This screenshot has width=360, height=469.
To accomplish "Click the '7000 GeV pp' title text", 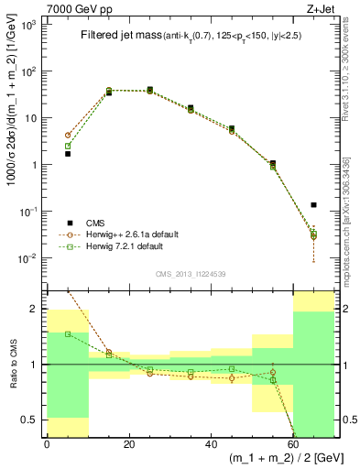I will point(75,8).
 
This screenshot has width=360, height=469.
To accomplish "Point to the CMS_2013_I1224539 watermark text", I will point(191,273).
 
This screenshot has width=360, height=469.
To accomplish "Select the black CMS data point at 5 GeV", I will point(68,154).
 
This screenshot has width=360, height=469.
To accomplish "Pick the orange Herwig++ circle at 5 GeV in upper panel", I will point(68,135).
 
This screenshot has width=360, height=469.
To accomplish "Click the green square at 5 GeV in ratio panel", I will point(68,333).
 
